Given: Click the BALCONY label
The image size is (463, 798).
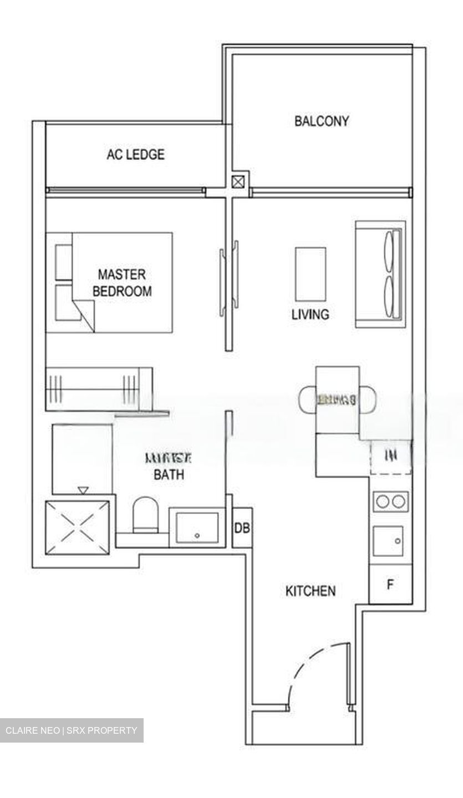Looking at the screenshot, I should (x=322, y=121).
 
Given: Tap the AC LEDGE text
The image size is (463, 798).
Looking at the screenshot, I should (x=135, y=154).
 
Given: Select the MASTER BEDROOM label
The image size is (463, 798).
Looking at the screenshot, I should (x=122, y=283).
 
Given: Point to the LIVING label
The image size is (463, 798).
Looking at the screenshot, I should (x=310, y=314).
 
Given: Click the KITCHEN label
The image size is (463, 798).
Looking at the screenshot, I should (x=310, y=591).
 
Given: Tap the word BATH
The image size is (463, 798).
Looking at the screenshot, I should (x=169, y=474).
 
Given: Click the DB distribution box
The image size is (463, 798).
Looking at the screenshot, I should (x=242, y=528).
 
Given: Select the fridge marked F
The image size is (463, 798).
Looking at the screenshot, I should (x=390, y=585).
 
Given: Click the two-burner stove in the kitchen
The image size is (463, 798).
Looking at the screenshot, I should (x=391, y=502).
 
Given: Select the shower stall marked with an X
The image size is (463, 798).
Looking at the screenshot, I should (x=77, y=527).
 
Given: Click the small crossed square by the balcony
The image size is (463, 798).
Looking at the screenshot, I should (x=238, y=181).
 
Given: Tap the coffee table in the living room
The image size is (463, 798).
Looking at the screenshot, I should (x=311, y=274).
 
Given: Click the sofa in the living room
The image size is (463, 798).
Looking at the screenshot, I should (x=380, y=275).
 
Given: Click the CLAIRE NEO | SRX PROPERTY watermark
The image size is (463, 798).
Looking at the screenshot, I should (x=72, y=730).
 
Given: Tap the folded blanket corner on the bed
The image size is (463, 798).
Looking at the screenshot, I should (x=83, y=314).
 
